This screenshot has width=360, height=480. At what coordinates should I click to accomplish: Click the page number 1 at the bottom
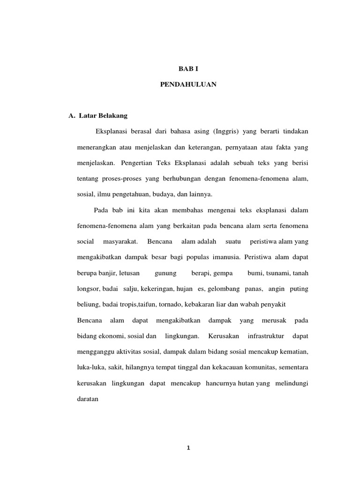(x=188, y=448)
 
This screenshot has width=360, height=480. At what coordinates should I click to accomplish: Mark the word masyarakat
(x=120, y=241)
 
